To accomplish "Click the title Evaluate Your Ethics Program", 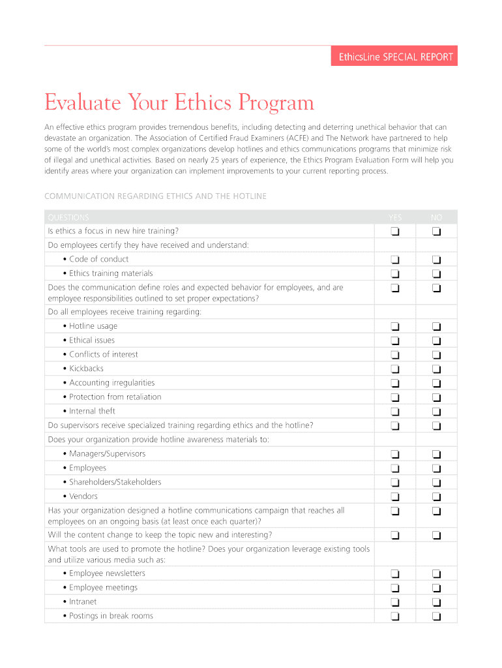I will coord(179,102).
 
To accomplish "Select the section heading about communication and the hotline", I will coord(155,196).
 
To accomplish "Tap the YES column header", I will coord(395,217).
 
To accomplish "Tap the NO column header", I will coord(436,217).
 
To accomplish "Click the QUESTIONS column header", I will coord(68,217).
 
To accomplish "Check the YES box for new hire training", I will coord(395,232).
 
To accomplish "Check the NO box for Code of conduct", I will coord(436,260).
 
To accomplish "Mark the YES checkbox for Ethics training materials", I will coord(395,275).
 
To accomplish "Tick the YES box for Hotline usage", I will coord(395,327).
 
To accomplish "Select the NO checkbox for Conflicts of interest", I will coord(436,356).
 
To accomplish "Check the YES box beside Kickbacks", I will coord(395,369).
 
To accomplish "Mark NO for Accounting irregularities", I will coord(436,384).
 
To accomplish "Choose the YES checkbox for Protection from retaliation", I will coord(395,398).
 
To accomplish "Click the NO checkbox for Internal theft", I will coord(436,412).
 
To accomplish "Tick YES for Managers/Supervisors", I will coord(395,455).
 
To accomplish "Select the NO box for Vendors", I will coord(436,497).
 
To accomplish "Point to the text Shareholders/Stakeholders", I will coord(115,482).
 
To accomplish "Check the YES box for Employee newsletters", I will coord(395,574).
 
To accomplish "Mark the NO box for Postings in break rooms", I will coord(436,616).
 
